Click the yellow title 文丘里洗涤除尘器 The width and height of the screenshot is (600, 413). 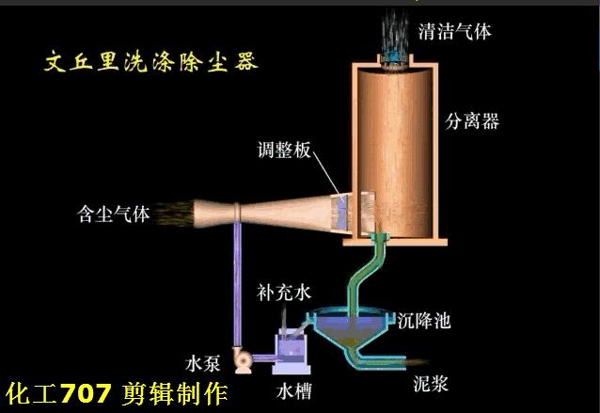click(x=151, y=63)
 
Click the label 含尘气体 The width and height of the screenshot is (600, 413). click(x=114, y=214)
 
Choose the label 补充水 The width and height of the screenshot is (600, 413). click(x=283, y=293)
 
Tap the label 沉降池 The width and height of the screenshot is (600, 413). click(x=423, y=321)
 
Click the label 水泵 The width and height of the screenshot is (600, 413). click(x=205, y=360)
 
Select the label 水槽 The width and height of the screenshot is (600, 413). click(x=287, y=388)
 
